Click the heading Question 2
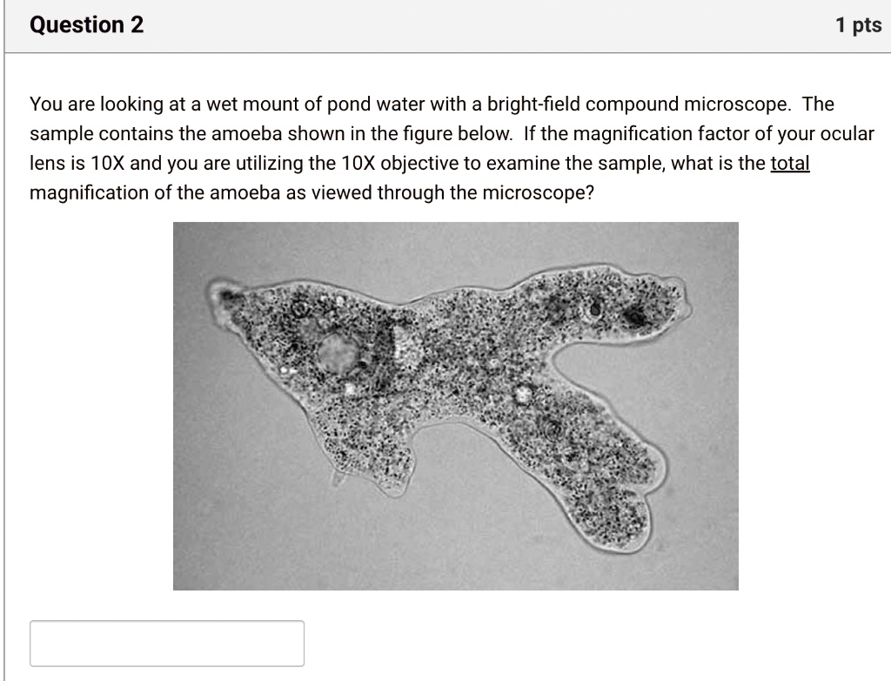[x=87, y=25]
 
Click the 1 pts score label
[x=858, y=26]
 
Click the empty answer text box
[x=167, y=644]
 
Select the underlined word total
[x=790, y=164]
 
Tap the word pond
[x=349, y=105]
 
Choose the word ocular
[x=847, y=134]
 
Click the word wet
[x=210, y=105]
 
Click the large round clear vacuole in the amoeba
[x=337, y=352]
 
